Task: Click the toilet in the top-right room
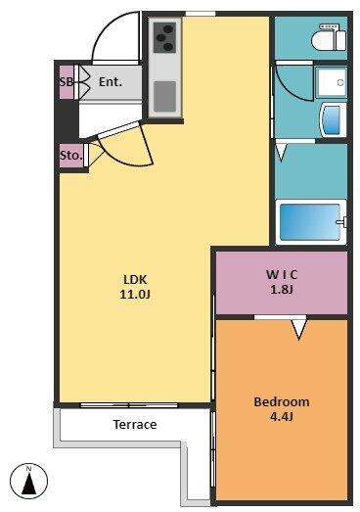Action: [x=329, y=37]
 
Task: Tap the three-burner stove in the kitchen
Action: [x=164, y=37]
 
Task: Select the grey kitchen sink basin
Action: [x=164, y=96]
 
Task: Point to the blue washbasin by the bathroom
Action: [x=333, y=119]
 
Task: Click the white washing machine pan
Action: [x=331, y=81]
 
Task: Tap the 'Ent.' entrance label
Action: [x=111, y=81]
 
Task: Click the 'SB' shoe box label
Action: [x=67, y=81]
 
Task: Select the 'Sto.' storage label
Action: [x=70, y=156]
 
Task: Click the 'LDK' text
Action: [x=135, y=280]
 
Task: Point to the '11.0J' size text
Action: [x=135, y=295]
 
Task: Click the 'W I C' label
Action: [x=282, y=275]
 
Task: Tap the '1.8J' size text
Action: [x=282, y=289]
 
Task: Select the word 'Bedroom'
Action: [x=282, y=401]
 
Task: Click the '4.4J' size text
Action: [x=282, y=416]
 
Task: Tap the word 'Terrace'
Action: [x=135, y=425]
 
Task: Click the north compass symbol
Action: [x=28, y=481]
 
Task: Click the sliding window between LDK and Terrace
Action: [x=129, y=405]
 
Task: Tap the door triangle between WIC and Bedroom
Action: [x=298, y=330]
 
